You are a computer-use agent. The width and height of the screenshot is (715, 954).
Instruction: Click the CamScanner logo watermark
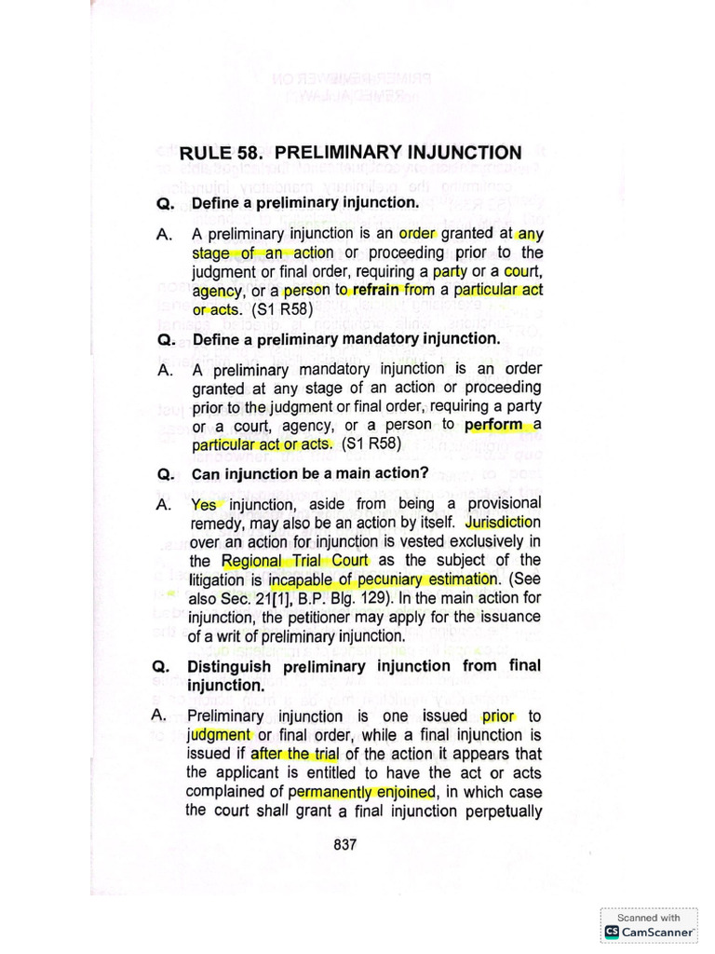pyautogui.click(x=650, y=931)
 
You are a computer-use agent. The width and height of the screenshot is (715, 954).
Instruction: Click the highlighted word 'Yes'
pyautogui.click(x=204, y=505)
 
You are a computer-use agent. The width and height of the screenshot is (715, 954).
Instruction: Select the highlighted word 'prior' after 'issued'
pyautogui.click(x=499, y=716)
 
